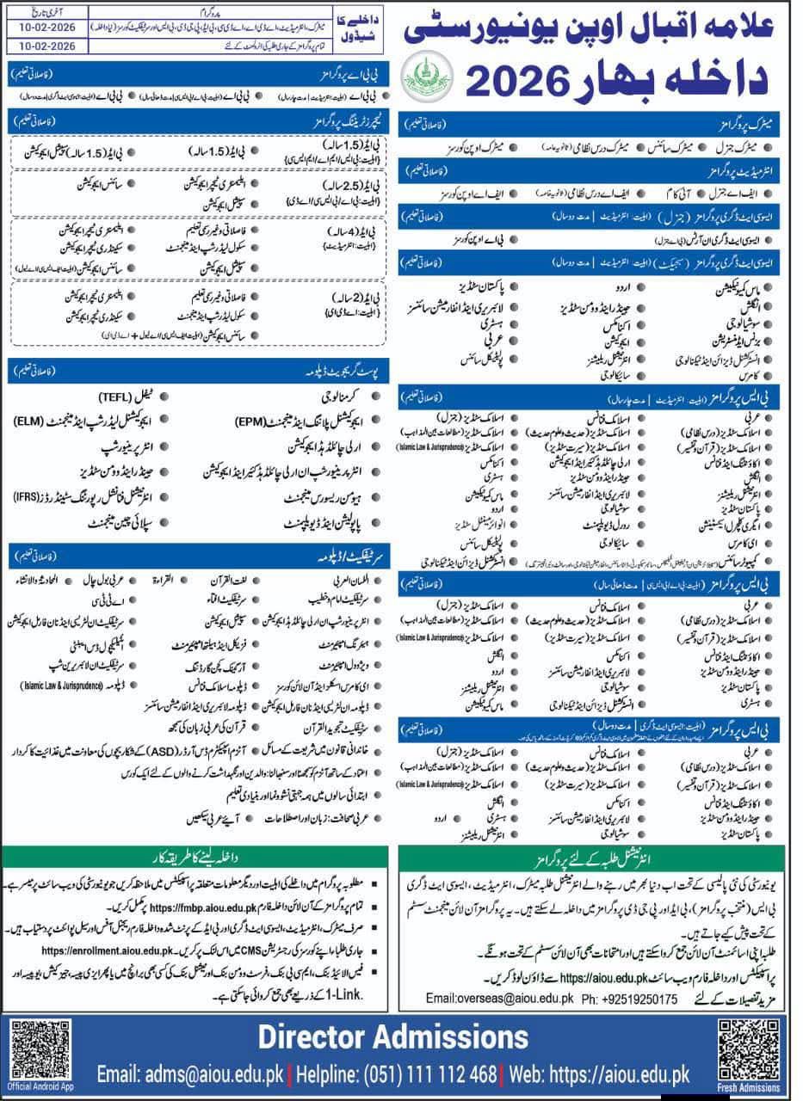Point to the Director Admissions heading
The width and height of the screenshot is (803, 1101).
[x=393, y=1036]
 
